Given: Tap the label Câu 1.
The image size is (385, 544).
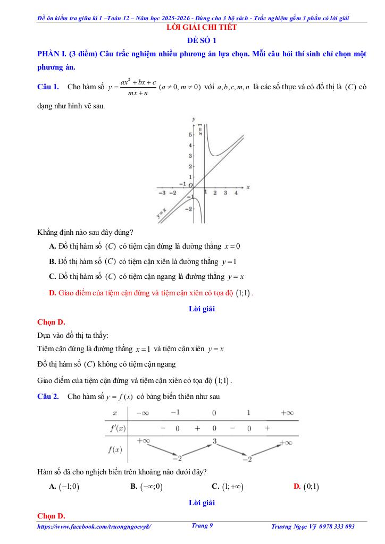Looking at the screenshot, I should click(48, 86).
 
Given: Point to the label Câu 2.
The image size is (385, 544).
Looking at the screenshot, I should click(48, 396).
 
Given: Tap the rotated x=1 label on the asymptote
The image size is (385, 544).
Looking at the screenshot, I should click(200, 129).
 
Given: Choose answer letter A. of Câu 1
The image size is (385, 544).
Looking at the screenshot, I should click(53, 246).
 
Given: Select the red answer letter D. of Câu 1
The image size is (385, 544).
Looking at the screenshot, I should click(53, 293).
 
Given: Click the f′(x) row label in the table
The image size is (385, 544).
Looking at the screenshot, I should click(115, 428).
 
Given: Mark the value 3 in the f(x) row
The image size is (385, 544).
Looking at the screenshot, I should click(214, 441).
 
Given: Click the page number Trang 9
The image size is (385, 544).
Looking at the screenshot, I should click(202, 526).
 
